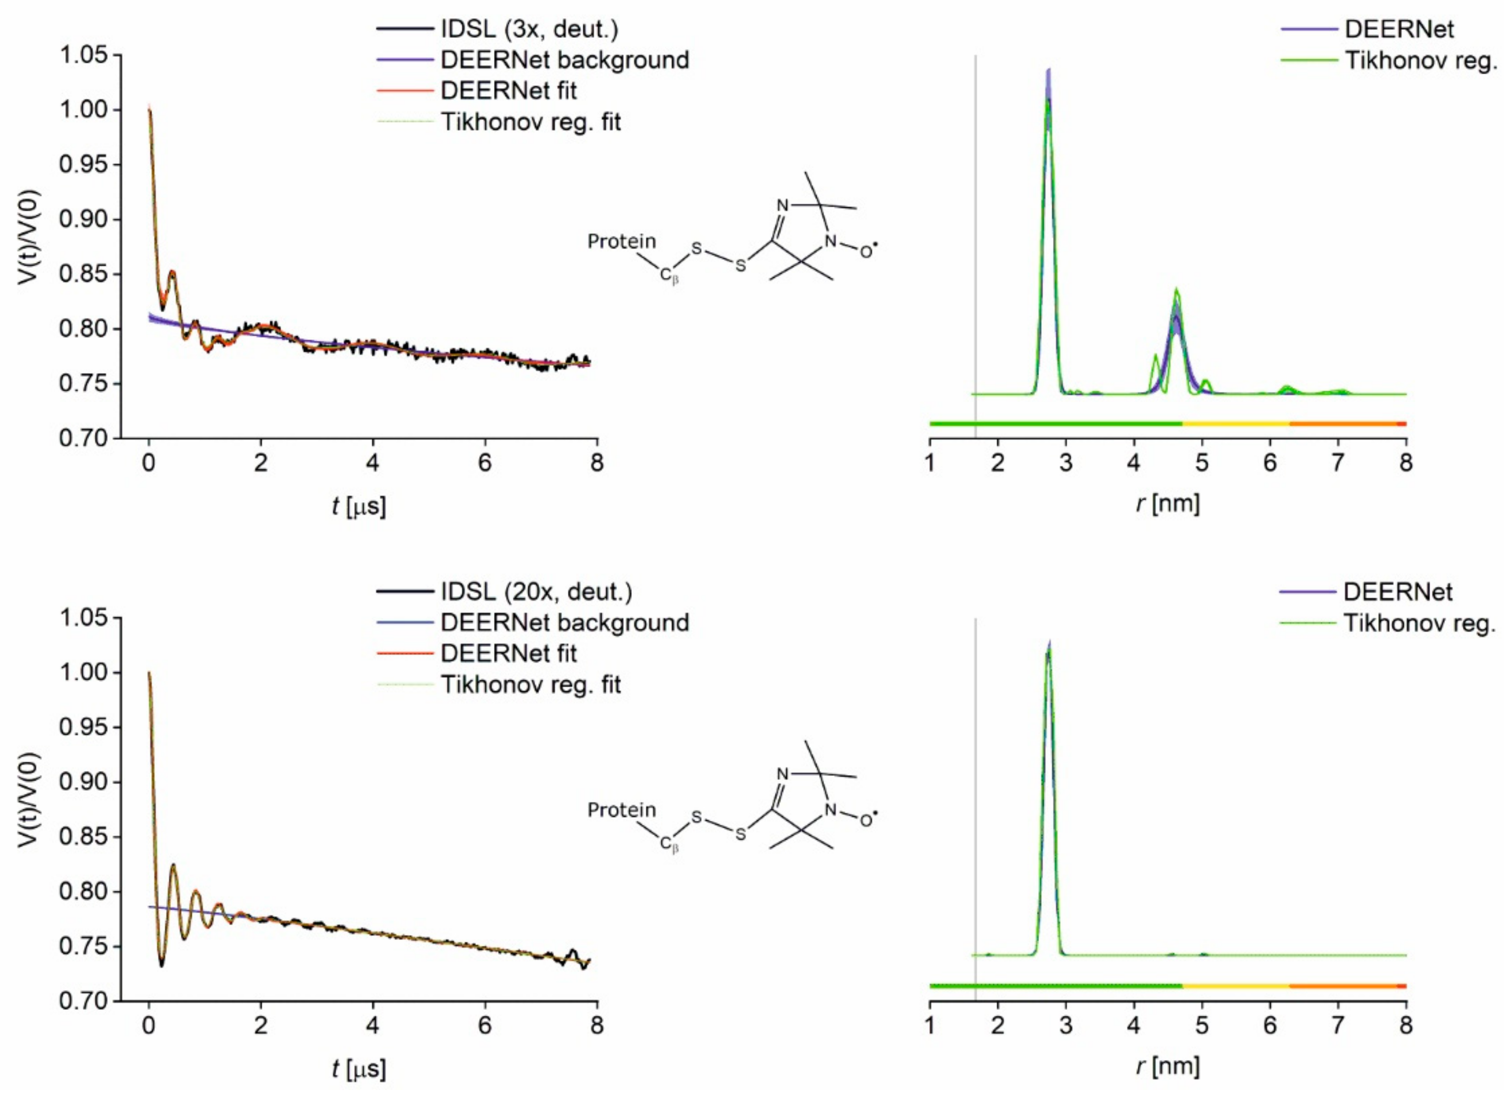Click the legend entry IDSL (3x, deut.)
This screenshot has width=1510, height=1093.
[529, 29]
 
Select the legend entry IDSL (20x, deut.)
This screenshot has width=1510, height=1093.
[536, 592]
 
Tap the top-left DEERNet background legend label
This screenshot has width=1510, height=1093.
[564, 60]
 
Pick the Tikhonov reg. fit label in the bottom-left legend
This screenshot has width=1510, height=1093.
[530, 684]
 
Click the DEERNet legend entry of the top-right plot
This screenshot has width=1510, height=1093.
[1399, 29]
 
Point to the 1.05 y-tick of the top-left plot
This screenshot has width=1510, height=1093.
[83, 55]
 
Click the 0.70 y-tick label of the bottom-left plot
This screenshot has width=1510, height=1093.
[83, 1000]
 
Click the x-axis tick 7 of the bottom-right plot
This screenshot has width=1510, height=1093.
[1338, 1026]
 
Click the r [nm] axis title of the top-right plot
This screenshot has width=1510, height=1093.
[1168, 504]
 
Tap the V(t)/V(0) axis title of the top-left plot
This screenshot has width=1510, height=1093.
[28, 238]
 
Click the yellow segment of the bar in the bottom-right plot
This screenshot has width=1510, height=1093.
[1236, 986]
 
